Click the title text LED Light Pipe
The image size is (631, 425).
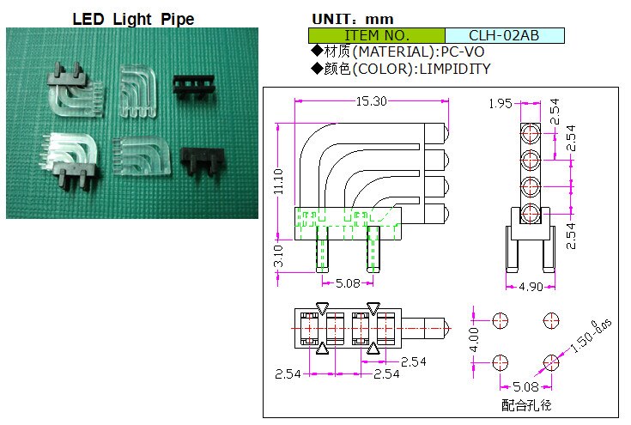132,18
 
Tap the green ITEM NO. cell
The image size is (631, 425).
376,35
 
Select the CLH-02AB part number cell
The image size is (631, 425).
504,35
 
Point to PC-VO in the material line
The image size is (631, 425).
459,52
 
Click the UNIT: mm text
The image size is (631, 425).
352,18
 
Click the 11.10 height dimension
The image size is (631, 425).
277,181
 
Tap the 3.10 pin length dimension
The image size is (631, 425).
277,255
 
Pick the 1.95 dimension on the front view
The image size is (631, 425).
500,104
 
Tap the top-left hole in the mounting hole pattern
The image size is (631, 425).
501,320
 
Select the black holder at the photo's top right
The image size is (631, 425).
195,82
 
